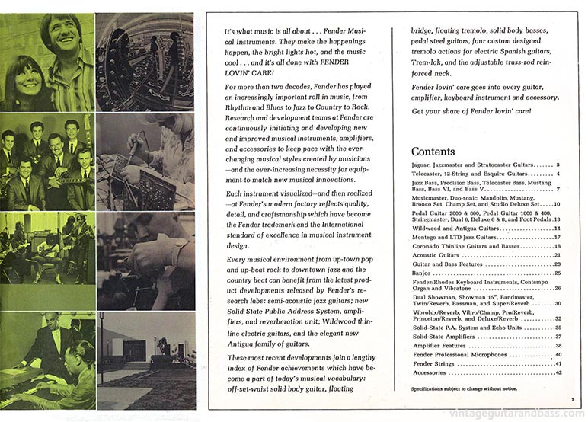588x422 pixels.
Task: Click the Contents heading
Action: [433, 151]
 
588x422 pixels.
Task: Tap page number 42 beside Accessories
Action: [558, 372]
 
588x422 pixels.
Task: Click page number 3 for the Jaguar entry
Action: [558, 165]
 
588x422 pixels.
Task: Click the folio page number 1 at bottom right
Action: [571, 399]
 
